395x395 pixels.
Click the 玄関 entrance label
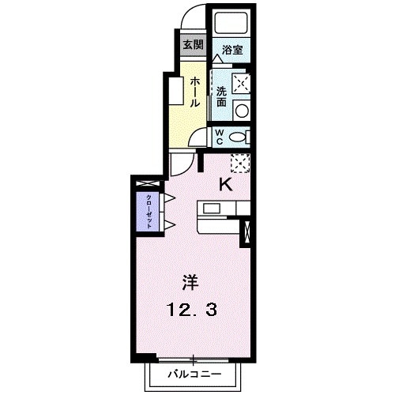click(192, 45)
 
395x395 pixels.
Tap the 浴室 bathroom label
click(232, 50)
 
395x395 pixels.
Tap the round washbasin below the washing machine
click(243, 109)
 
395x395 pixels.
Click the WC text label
click(220, 135)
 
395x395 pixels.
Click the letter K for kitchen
click(225, 186)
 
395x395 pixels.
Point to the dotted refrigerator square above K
click(240, 162)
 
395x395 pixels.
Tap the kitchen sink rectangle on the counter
click(213, 209)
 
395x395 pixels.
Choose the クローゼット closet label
click(147, 209)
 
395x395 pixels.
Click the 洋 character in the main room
click(190, 281)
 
